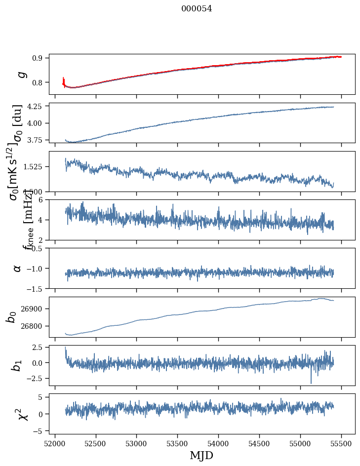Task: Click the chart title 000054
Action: (197, 8)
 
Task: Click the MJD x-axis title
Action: (201, 455)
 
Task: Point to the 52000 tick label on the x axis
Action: (55, 443)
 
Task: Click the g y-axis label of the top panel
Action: (21, 74)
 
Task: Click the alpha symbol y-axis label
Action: (18, 268)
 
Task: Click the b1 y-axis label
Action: (17, 366)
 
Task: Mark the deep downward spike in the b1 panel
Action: (311, 382)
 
